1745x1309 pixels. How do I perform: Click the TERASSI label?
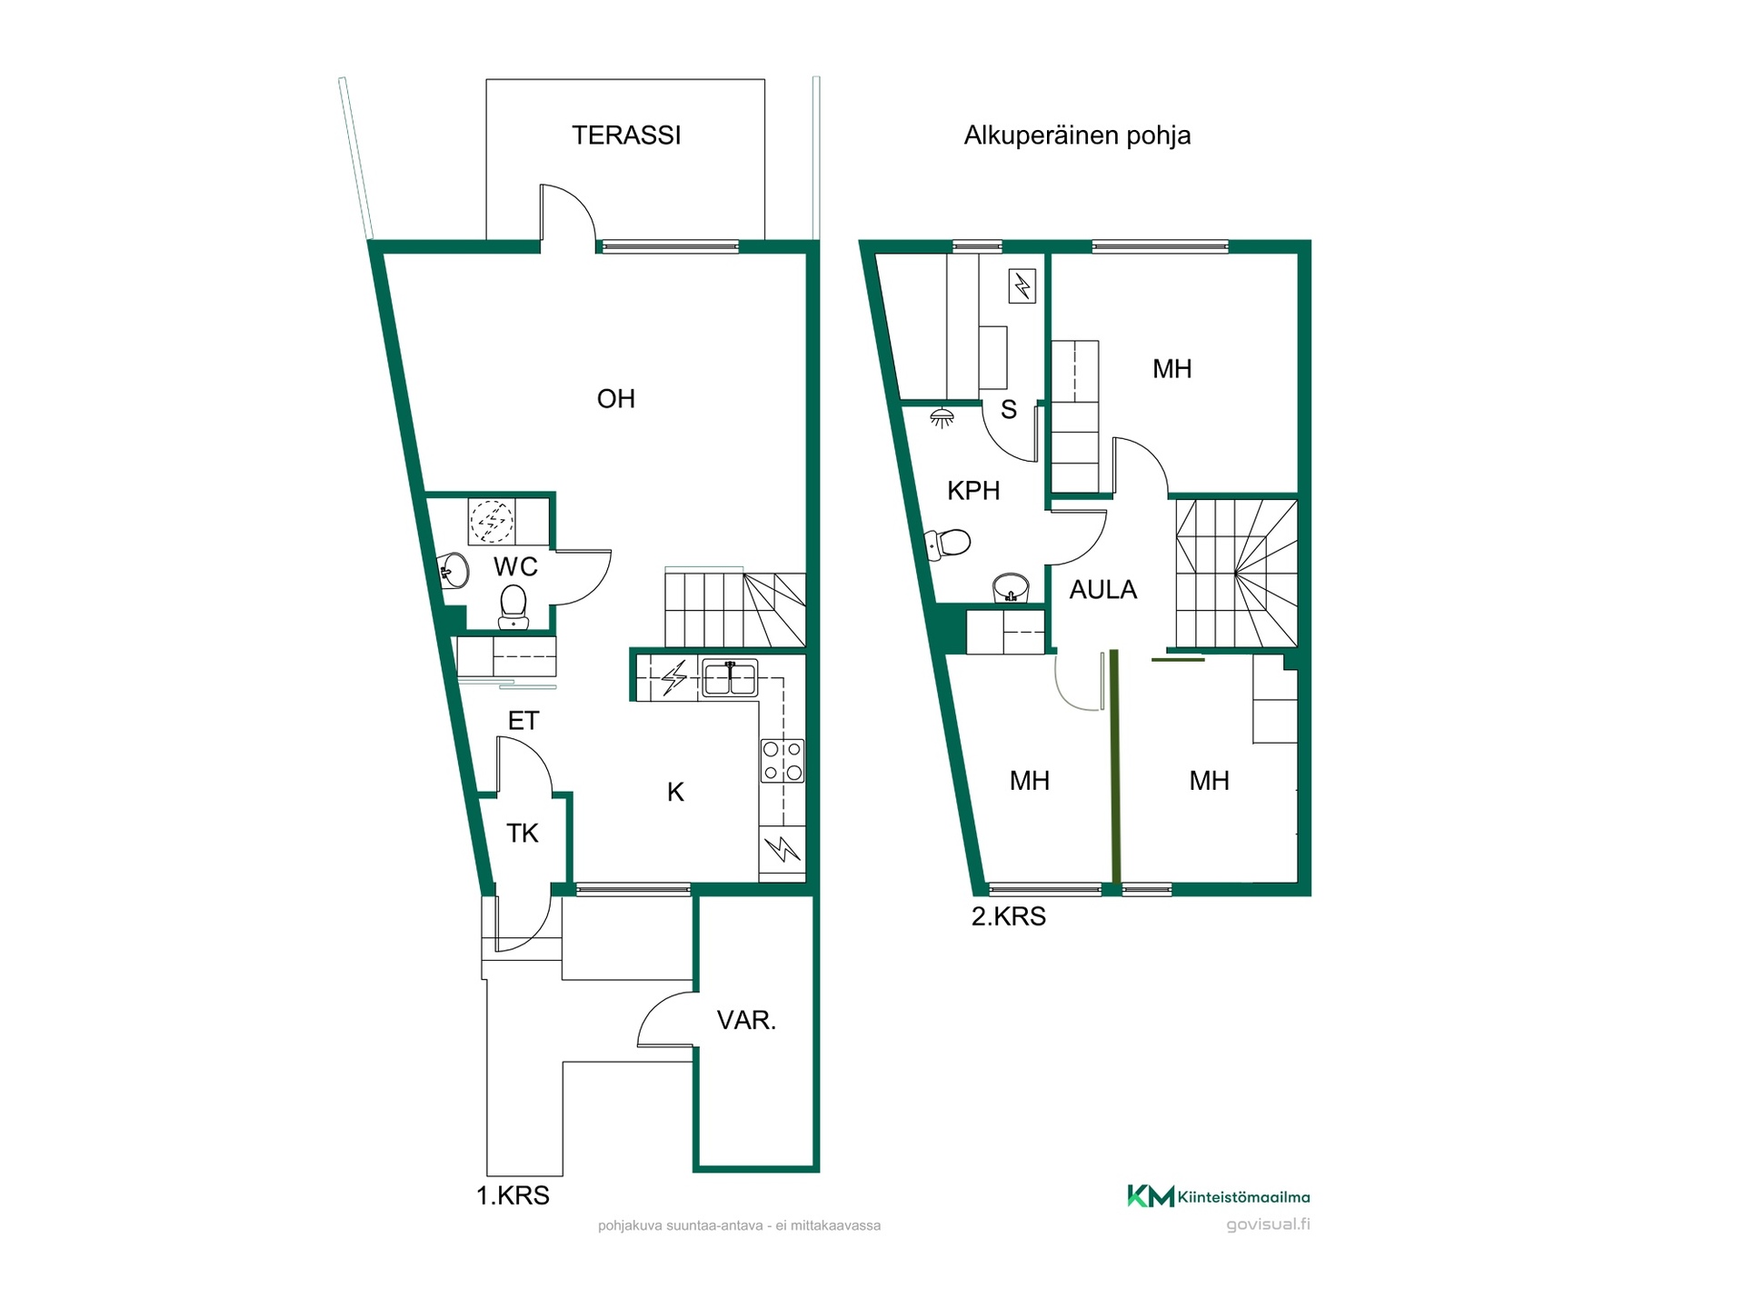point(626,135)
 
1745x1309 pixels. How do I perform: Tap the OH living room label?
point(616,398)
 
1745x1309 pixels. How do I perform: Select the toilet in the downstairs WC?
point(514,606)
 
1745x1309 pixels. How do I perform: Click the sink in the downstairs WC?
point(454,571)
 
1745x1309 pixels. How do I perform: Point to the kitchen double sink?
point(730,678)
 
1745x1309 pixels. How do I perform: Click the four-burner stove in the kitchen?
point(783,761)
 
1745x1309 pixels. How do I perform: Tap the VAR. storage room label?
point(746,1020)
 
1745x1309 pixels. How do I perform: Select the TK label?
point(523,833)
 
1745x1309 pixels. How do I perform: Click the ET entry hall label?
point(523,721)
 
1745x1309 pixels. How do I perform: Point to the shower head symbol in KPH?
point(942,418)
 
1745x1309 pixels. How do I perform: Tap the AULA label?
point(1103,590)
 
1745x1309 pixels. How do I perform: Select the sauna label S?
point(1009,410)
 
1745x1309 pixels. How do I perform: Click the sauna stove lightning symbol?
point(1022,287)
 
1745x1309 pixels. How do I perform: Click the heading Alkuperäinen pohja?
point(1077,135)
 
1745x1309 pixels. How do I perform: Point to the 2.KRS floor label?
point(1009,916)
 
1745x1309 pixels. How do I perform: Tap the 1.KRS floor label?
point(513,1195)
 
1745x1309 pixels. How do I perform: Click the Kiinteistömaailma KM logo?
point(1219,1196)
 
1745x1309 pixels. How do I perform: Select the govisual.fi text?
point(1268,1224)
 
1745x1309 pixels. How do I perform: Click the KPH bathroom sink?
point(1011,588)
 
